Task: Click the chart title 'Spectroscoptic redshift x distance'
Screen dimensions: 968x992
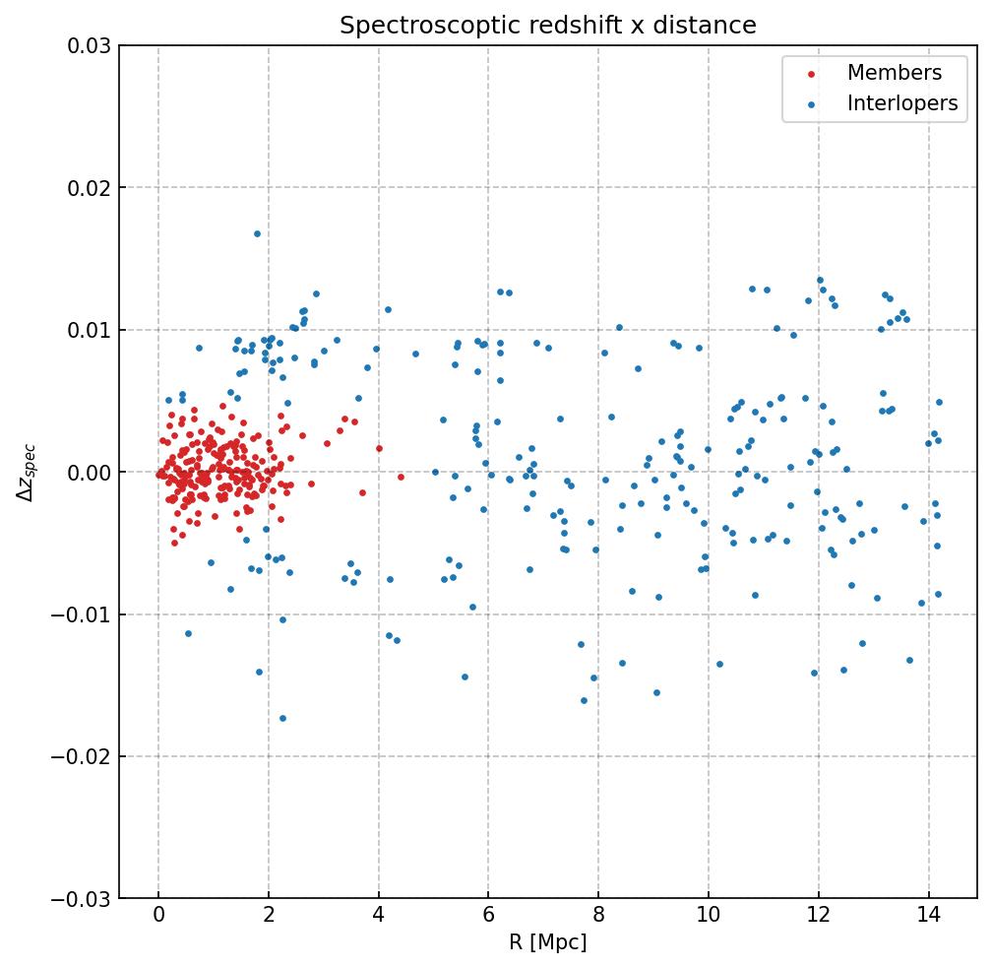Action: pyautogui.click(x=547, y=26)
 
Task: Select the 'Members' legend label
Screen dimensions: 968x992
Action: pyautogui.click(x=894, y=73)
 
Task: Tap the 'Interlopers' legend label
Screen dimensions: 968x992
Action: pyautogui.click(x=901, y=103)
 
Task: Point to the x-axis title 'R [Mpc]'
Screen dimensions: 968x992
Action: pyautogui.click(x=547, y=942)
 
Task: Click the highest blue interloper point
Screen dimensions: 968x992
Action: pyautogui.click(x=257, y=233)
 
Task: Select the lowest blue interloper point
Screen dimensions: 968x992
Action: pyautogui.click(x=282, y=718)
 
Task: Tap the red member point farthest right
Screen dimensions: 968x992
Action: pyautogui.click(x=401, y=477)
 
